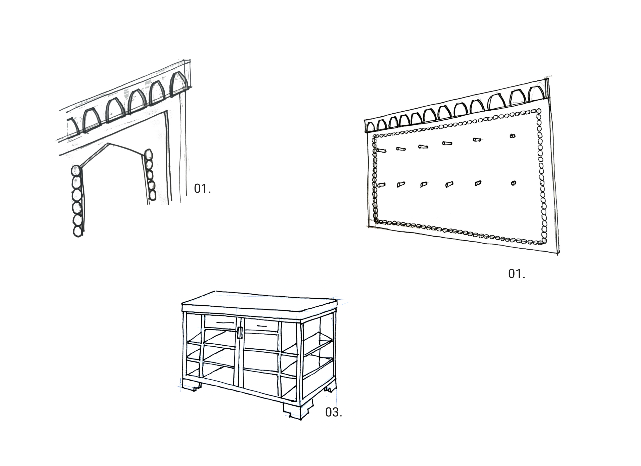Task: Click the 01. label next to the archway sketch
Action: click(202, 189)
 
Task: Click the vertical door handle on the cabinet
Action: click(240, 333)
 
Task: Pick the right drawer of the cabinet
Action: click(261, 326)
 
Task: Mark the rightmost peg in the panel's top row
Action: click(512, 136)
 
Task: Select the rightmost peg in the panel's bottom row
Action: click(513, 183)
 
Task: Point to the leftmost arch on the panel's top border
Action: click(370, 127)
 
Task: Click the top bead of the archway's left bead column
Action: click(76, 170)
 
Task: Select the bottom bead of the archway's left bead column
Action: click(78, 231)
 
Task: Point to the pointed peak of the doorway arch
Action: click(108, 144)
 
